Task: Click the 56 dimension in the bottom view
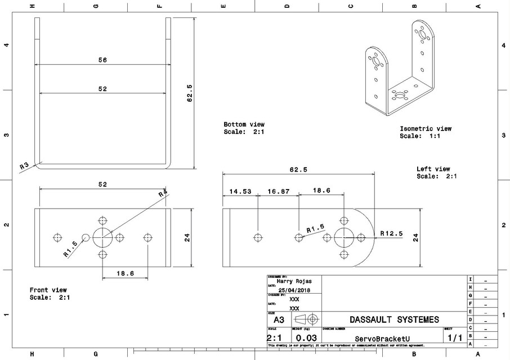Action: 102,60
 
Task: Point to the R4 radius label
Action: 163,193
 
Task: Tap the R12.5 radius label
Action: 392,233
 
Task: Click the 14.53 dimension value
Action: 240,191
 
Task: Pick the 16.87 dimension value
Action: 278,191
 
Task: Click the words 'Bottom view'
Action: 244,124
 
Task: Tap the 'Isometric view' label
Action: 425,128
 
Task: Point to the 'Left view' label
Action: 433,169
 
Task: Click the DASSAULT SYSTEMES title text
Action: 393,319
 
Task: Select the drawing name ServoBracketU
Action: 382,338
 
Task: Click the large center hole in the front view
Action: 102,237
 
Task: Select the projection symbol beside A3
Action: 307,319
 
